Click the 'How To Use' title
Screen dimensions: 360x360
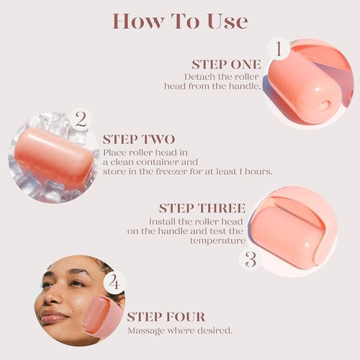179,21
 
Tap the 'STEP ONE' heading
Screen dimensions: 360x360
226,64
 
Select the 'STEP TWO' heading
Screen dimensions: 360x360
138,140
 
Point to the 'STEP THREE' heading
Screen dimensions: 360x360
202,208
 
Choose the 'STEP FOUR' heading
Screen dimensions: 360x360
166,317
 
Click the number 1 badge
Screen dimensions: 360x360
279,50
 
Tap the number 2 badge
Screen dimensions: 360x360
81,119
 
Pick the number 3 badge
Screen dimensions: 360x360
251,259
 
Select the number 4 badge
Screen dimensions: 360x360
113,282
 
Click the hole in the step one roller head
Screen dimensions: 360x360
323,106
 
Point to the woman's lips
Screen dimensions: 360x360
52,315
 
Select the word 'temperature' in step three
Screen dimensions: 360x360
217,241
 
